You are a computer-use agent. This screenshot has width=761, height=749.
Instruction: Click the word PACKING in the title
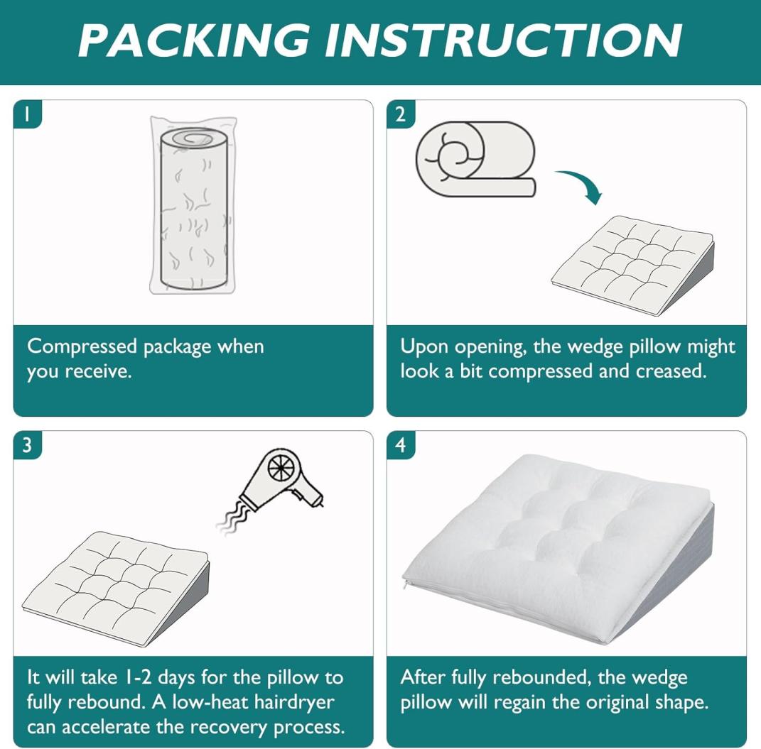tap(194, 40)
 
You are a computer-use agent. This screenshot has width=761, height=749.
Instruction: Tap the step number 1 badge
tap(27, 114)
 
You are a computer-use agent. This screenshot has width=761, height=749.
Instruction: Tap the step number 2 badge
tap(401, 114)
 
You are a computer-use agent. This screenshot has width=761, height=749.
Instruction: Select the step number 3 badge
tap(27, 444)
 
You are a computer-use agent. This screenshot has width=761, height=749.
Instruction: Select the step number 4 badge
tap(401, 444)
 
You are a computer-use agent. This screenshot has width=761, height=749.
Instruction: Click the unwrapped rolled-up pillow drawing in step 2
tap(475, 159)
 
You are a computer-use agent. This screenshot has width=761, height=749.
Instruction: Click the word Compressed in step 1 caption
tap(82, 347)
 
